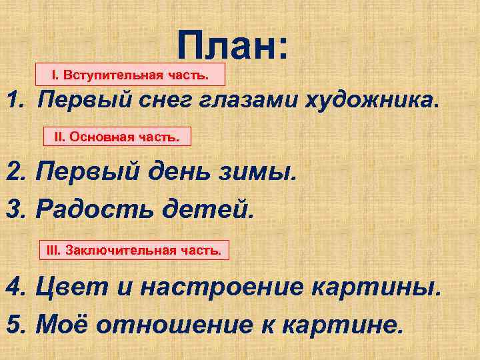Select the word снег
pyautogui.click(x=158, y=101)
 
